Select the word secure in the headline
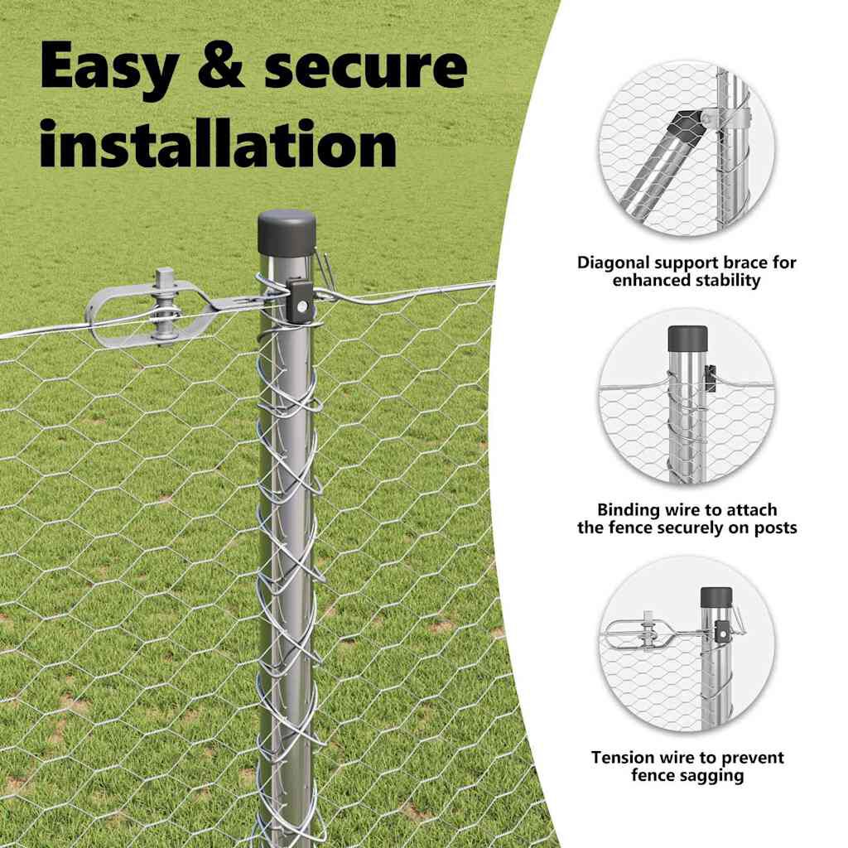tap(364, 68)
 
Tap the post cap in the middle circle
tap(688, 337)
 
